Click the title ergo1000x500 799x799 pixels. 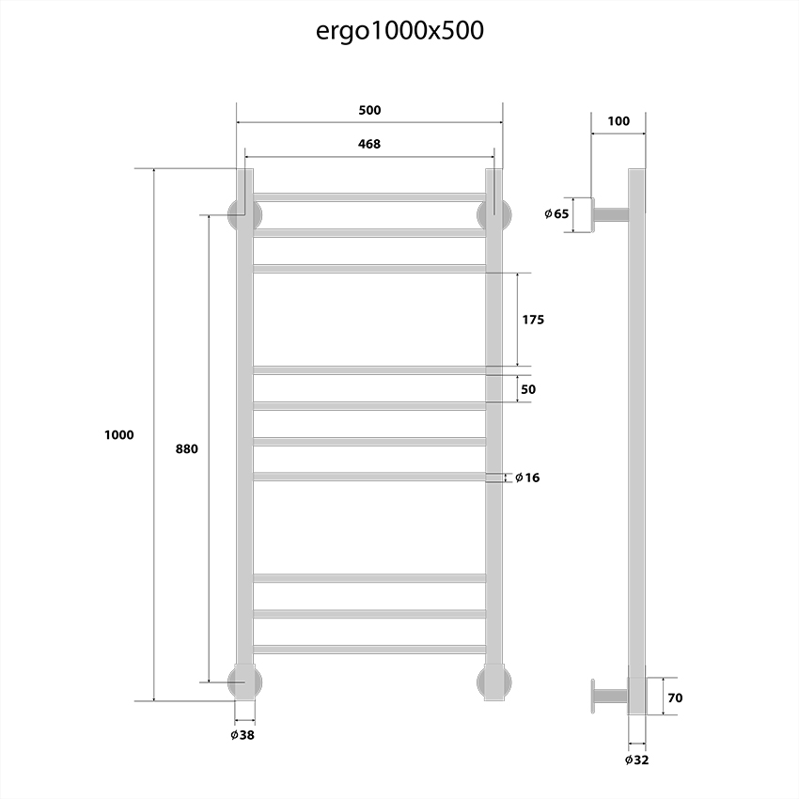[x=399, y=30]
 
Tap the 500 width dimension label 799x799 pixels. [x=369, y=110]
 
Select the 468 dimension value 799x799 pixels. [x=369, y=144]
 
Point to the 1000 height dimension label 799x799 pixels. [x=120, y=434]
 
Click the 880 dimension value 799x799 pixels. [x=186, y=448]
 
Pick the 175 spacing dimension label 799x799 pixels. [x=533, y=320]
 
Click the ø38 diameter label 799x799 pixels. [x=242, y=735]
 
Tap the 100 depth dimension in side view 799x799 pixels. [x=619, y=121]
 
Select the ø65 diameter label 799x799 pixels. [x=556, y=214]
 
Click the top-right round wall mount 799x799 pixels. [x=495, y=213]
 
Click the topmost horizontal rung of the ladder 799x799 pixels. [x=369, y=196]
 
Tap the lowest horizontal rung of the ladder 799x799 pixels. [x=369, y=649]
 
